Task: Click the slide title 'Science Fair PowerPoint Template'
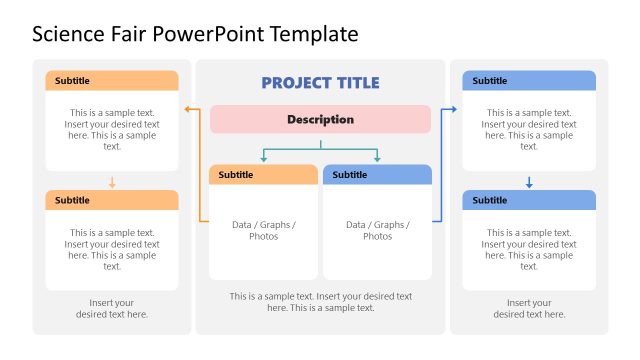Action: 195,34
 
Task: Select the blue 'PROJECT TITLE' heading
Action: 320,83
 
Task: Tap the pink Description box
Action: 320,119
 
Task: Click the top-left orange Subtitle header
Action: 111,81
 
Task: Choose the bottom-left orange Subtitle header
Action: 111,200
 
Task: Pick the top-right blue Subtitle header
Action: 529,81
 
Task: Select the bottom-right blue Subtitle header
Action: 529,200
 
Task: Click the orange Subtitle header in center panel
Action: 264,175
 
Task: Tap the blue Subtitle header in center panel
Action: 377,175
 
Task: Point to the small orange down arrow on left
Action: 112,183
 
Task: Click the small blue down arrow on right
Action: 529,183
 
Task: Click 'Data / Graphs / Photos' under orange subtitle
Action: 264,231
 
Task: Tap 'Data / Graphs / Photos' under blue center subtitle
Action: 377,231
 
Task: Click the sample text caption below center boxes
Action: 320,302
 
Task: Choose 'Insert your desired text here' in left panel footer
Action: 112,308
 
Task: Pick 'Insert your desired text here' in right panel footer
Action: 529,308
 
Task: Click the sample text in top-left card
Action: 112,129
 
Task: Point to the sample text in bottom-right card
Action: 529,249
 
